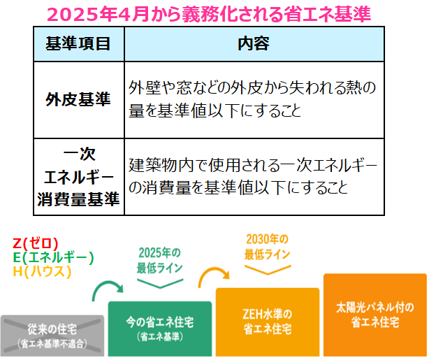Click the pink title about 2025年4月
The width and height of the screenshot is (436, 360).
(x=209, y=14)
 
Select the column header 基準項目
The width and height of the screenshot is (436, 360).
(x=79, y=44)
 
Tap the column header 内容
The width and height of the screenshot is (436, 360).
(x=254, y=44)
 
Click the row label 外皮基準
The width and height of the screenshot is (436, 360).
(x=79, y=99)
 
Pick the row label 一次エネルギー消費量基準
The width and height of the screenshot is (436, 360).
(x=79, y=177)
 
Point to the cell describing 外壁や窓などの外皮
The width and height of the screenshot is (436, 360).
(x=254, y=99)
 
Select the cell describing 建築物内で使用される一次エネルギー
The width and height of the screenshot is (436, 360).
(x=254, y=177)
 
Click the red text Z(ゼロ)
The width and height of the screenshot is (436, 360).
(x=36, y=243)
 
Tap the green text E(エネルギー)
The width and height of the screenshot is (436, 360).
(x=53, y=257)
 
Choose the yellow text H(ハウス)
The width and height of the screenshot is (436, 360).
(x=42, y=271)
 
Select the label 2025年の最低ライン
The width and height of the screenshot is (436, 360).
(x=159, y=261)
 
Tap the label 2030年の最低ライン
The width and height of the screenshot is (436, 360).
(x=268, y=247)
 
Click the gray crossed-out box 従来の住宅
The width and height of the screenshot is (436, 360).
(x=52, y=336)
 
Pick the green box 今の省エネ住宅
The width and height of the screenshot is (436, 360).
(x=160, y=329)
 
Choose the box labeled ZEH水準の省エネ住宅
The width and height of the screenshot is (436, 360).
(x=268, y=322)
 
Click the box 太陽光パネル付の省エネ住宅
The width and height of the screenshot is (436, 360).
(x=375, y=315)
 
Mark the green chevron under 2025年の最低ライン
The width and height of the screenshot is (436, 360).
(x=160, y=287)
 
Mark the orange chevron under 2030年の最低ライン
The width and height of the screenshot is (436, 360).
(x=268, y=273)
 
